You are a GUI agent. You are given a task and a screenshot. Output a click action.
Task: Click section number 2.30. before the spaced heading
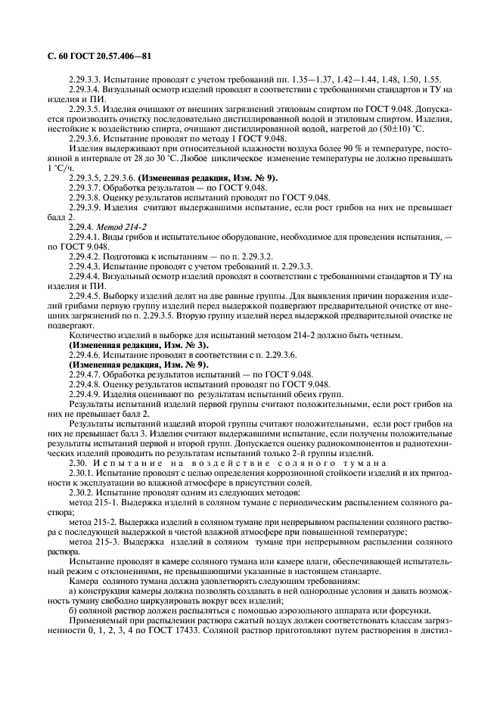78,462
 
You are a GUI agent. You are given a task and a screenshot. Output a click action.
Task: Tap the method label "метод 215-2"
93,522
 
